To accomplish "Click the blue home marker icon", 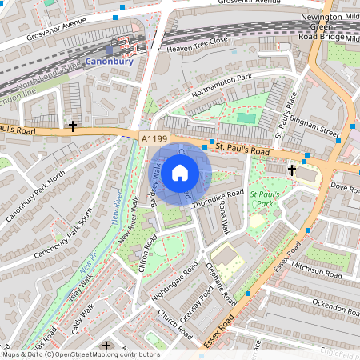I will click(x=180, y=172).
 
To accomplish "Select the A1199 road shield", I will click(x=154, y=139).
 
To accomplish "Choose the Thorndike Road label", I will click(x=218, y=194).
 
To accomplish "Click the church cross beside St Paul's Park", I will click(x=292, y=170).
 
